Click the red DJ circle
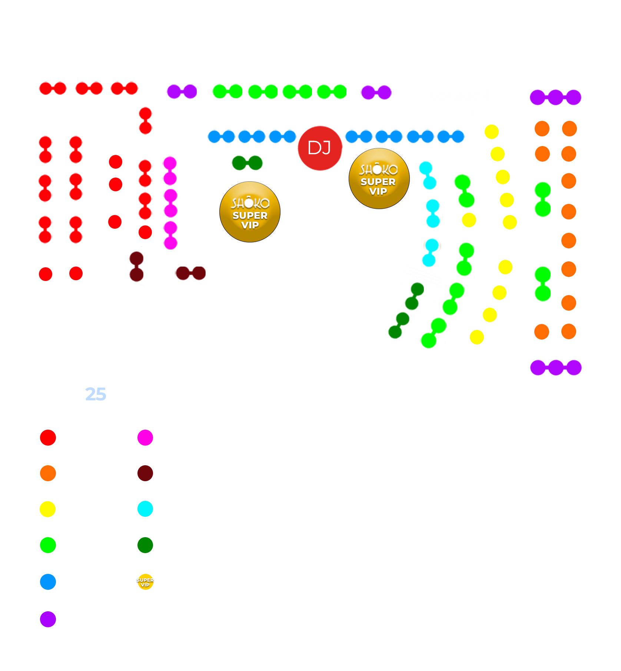click(x=320, y=148)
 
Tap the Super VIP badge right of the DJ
click(x=379, y=179)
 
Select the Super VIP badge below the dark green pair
click(x=250, y=212)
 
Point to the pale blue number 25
click(x=96, y=394)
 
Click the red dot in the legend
click(x=48, y=437)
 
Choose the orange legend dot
click(x=48, y=473)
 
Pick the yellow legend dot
click(x=48, y=509)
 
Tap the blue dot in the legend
click(x=48, y=582)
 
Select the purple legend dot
click(x=48, y=619)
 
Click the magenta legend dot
click(x=145, y=437)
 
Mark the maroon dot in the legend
click(x=145, y=473)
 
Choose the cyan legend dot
click(x=145, y=509)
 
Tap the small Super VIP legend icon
click(x=145, y=582)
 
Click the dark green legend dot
click(x=145, y=545)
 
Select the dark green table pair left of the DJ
click(x=247, y=163)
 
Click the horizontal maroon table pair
click(x=191, y=273)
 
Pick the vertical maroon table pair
click(x=137, y=267)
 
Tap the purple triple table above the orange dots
click(x=555, y=97)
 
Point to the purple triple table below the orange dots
click(x=556, y=367)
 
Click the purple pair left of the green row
click(x=182, y=92)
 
